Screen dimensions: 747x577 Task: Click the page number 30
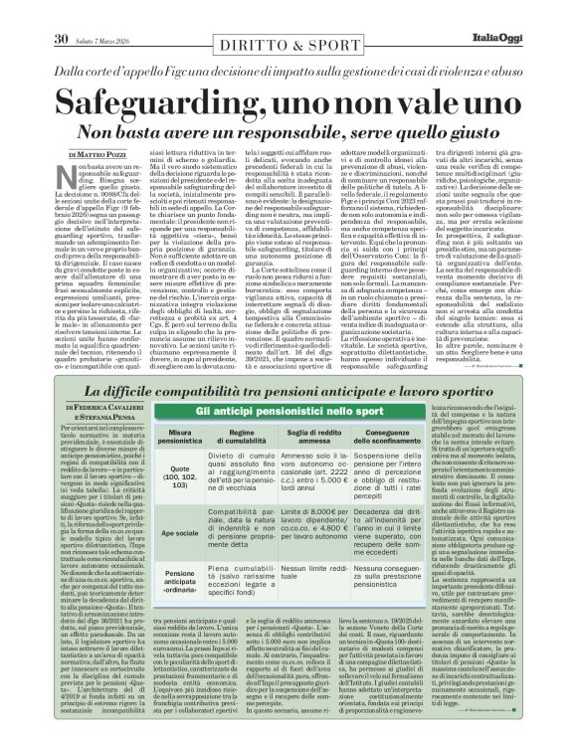[59, 12]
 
